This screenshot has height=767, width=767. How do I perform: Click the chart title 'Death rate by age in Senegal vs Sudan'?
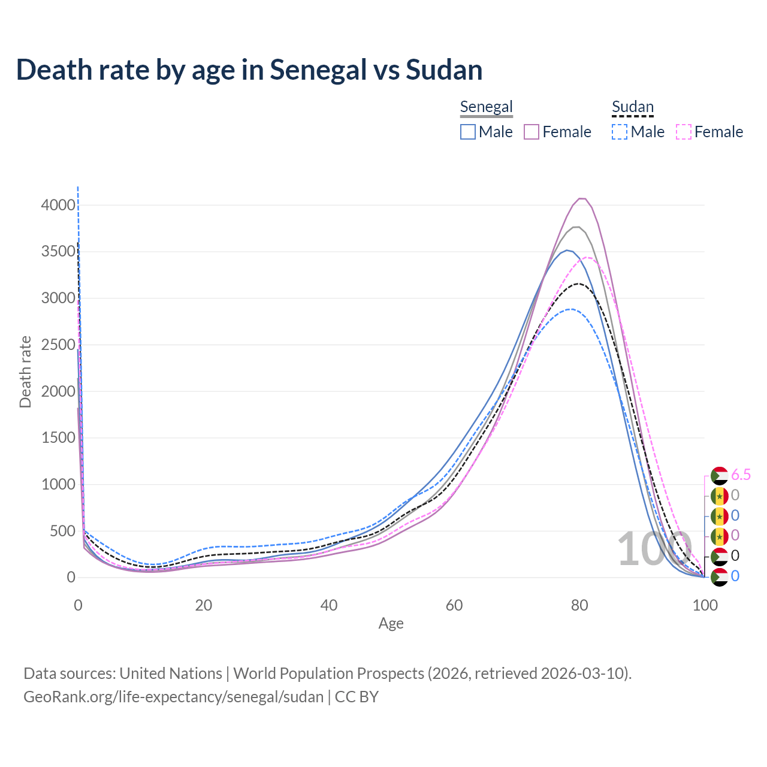[249, 70]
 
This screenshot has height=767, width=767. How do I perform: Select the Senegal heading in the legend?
[486, 107]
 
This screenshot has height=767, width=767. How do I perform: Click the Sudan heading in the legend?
[632, 107]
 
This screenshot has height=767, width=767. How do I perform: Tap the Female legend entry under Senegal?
[557, 132]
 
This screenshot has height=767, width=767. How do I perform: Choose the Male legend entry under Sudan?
[638, 132]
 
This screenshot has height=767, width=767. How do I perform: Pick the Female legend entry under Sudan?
[709, 132]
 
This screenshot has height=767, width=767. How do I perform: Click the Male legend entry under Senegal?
[487, 132]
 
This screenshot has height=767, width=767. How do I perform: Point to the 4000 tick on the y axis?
[58, 206]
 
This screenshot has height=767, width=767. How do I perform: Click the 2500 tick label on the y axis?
[58, 345]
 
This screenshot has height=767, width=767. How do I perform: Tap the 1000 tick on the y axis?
[58, 485]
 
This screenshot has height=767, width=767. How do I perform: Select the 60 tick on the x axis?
[454, 605]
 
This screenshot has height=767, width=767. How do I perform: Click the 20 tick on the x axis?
[204, 605]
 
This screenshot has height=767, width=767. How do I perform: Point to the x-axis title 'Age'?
[391, 624]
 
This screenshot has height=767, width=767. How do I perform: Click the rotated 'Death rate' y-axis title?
[25, 372]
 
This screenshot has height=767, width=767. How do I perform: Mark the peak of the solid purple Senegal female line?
[581, 198]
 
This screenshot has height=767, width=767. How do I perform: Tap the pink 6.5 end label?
[741, 475]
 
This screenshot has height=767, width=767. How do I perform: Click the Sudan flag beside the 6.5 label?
[719, 476]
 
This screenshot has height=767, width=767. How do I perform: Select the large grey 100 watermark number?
[654, 549]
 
